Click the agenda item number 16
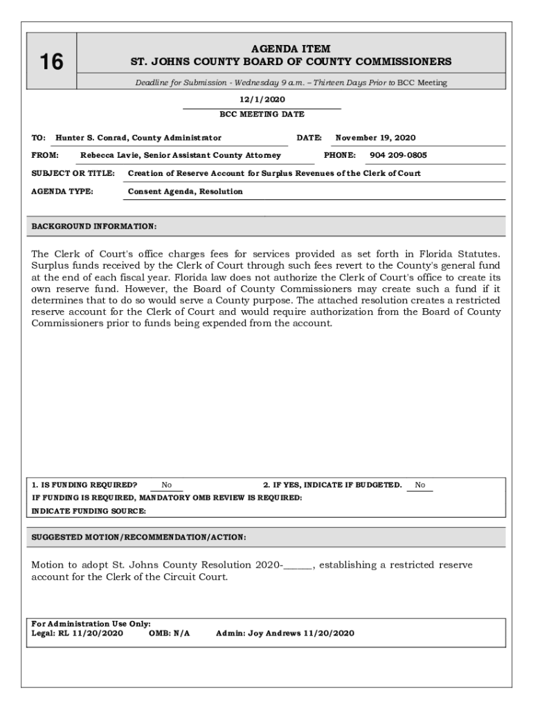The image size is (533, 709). pos(51,62)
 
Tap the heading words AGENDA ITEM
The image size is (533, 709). pos(291,49)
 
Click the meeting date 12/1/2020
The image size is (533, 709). pos(262,100)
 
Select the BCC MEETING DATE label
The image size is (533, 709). pos(262,114)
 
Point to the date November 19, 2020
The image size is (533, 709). pos(375,138)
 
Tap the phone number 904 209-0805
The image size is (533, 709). pos(398,156)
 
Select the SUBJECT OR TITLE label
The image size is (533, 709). pos(73,173)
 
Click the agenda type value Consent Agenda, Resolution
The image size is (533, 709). pos(186,191)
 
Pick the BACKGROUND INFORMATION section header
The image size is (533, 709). pos(94,226)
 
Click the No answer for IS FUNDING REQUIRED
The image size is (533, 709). pos(167,485)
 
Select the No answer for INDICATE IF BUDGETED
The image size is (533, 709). pos(420,485)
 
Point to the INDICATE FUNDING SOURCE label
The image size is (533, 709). pos(89,511)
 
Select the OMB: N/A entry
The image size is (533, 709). pos(170,634)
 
